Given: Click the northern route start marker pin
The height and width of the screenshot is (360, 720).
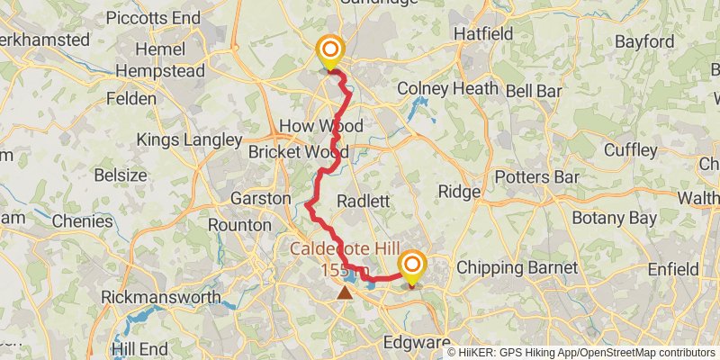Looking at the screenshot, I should (x=330, y=51).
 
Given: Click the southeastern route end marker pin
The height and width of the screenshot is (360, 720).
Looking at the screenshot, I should (x=412, y=265).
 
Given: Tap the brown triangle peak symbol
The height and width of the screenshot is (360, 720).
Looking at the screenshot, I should (x=345, y=292).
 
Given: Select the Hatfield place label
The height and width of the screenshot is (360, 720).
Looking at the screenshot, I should (x=483, y=33).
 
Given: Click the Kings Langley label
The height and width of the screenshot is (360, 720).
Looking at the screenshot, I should (x=189, y=139).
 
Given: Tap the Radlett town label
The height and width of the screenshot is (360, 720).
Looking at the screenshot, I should (x=362, y=201).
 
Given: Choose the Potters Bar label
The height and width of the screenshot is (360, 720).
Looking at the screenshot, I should (x=536, y=176).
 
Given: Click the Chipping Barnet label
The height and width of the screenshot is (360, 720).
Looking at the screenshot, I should (x=517, y=267).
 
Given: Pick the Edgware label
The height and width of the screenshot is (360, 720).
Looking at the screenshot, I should (x=416, y=343).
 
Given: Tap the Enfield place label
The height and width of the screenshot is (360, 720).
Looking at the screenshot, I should (x=672, y=269).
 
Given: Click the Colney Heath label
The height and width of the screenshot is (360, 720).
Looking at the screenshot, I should (x=447, y=88).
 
